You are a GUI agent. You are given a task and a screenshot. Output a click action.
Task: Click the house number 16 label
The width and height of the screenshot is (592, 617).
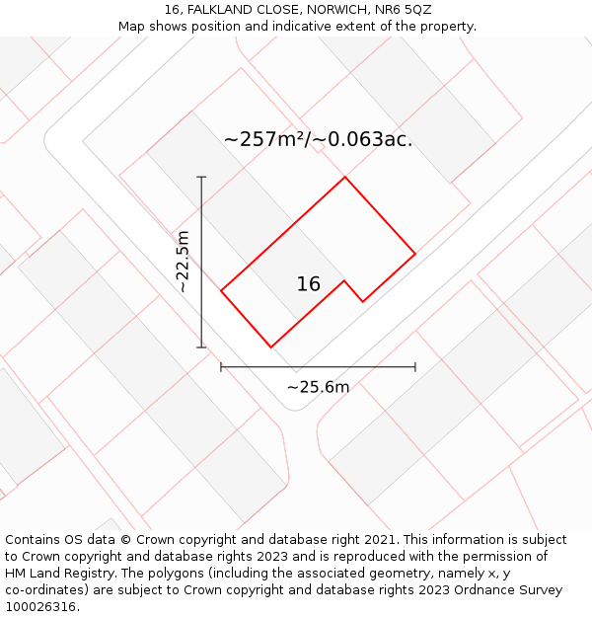(308, 284)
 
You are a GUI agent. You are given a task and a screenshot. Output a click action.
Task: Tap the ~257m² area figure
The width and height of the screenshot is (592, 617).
(265, 139)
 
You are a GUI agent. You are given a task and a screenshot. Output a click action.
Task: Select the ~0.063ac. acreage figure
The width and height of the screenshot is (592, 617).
(364, 139)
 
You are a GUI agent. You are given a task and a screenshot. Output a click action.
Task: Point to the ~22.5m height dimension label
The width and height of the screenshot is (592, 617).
(183, 262)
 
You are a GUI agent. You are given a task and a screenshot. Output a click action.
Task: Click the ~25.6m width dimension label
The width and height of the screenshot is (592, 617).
(318, 387)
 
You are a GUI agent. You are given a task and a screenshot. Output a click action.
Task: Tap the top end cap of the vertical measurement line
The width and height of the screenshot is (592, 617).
(201, 177)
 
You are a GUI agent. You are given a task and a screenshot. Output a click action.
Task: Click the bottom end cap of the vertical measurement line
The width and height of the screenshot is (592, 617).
(201, 347)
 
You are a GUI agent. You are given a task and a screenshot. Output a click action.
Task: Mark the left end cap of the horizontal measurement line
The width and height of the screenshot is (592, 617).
(221, 367)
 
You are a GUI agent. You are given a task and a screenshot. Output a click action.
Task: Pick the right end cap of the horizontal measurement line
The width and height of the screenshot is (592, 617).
(415, 367)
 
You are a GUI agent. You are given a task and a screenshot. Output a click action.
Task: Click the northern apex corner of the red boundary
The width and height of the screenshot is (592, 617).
(344, 178)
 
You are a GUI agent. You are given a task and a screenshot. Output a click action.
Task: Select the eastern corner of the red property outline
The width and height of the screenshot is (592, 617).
(415, 254)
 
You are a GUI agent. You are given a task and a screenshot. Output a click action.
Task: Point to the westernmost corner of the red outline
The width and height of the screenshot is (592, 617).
(221, 290)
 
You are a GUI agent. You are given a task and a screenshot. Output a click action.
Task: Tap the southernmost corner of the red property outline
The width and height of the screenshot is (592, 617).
(270, 347)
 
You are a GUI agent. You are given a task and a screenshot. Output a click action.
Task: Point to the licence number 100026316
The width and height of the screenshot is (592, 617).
(40, 606)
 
